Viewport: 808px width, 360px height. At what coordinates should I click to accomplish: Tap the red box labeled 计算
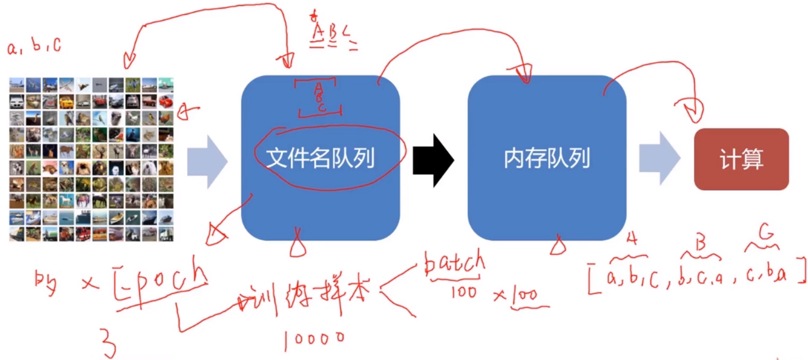(741, 160)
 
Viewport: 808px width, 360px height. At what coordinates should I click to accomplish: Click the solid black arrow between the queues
(434, 160)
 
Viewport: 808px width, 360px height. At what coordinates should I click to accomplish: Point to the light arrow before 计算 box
(660, 159)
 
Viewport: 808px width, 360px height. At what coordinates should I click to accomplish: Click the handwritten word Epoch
(161, 277)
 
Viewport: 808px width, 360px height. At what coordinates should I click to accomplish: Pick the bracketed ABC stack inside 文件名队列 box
(319, 98)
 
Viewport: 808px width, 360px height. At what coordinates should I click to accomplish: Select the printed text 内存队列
(547, 160)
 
